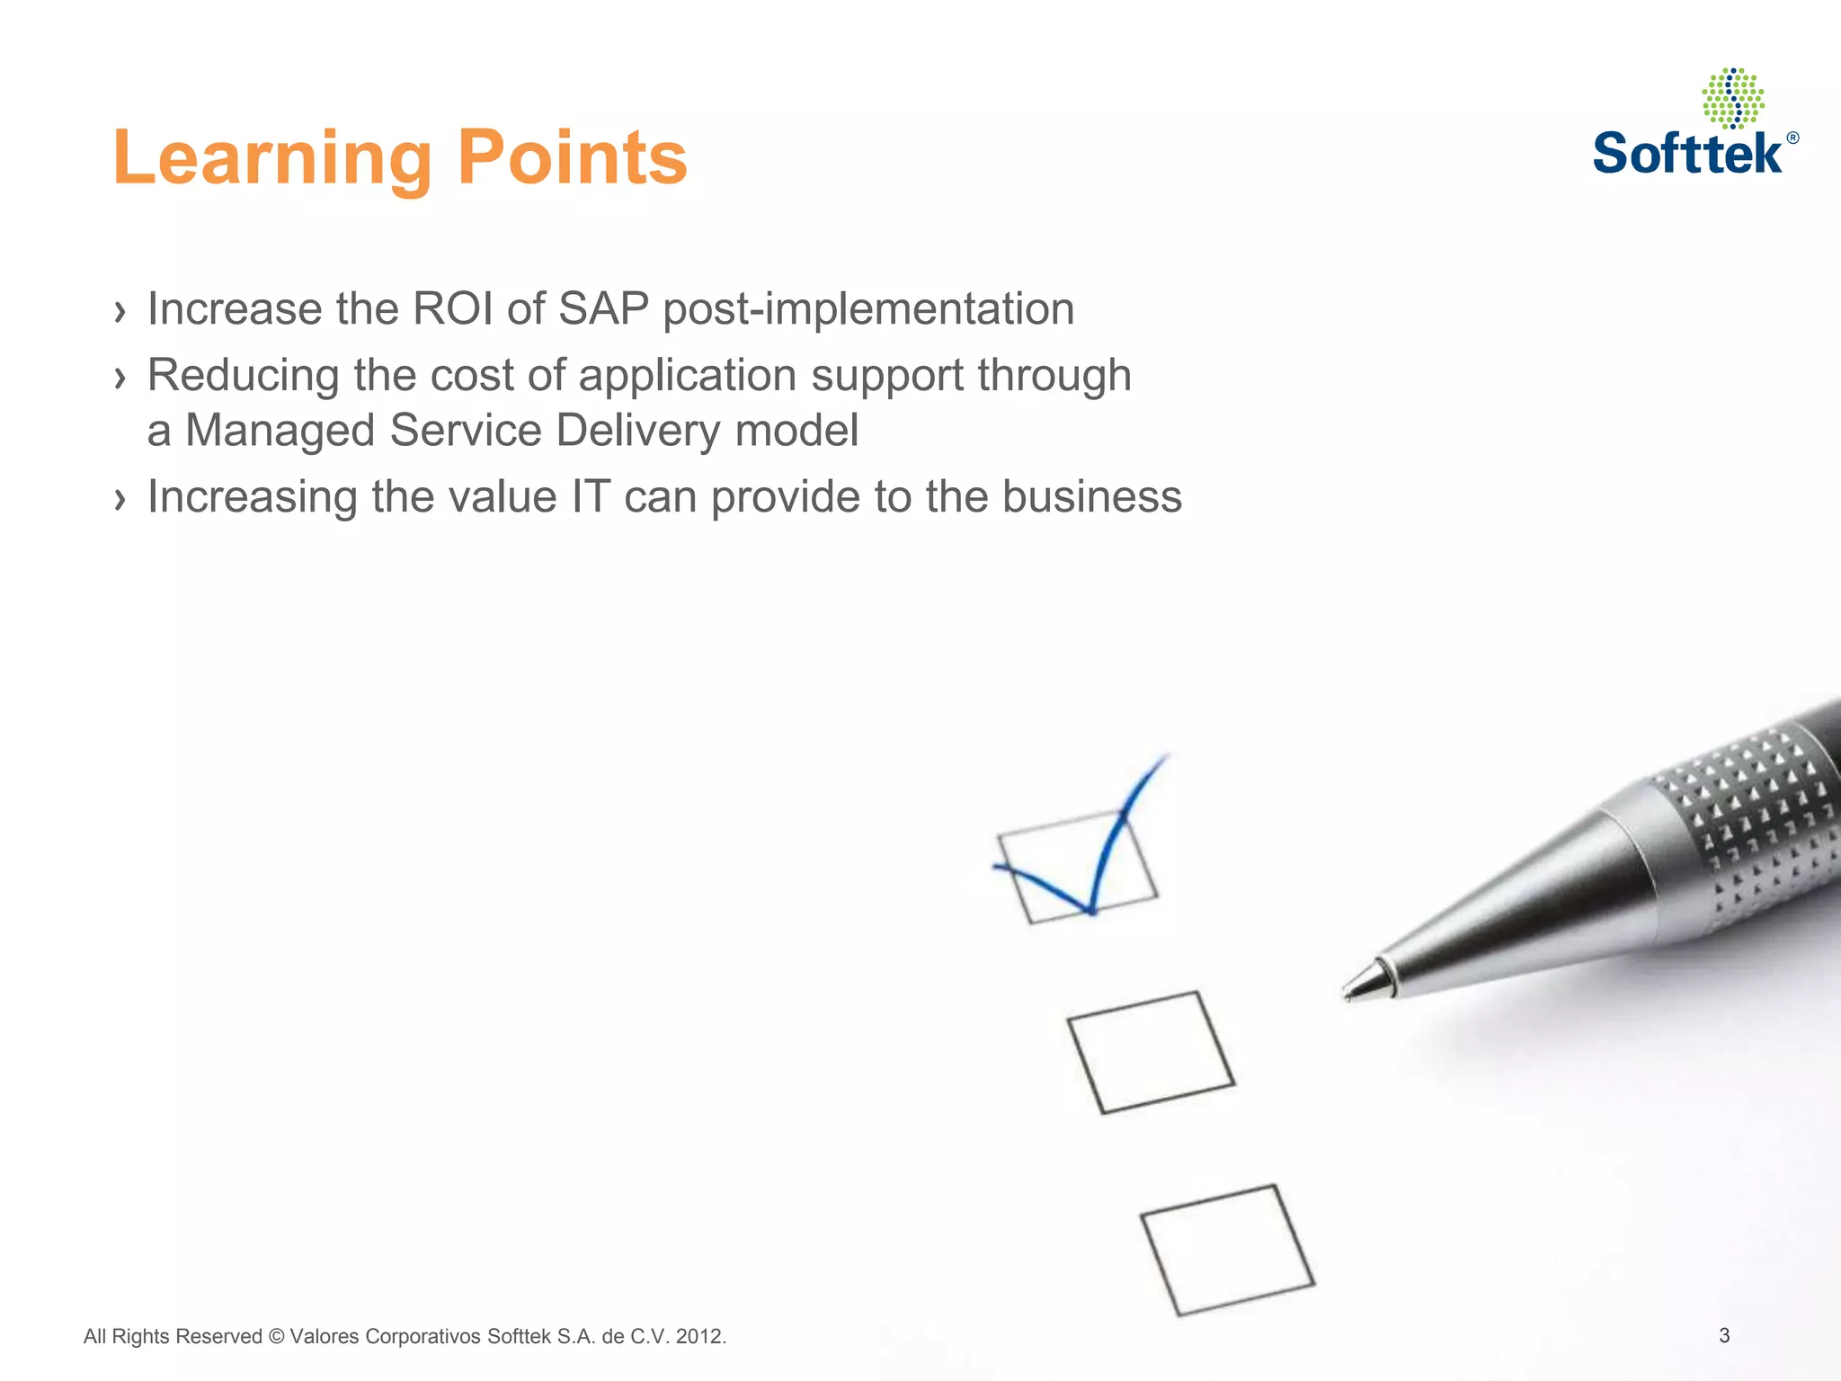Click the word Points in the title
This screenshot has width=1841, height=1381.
tap(573, 157)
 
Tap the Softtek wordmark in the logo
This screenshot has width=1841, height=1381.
tap(1687, 153)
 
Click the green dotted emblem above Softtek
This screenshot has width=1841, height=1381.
tap(1732, 97)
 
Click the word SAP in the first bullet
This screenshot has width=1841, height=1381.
tap(603, 309)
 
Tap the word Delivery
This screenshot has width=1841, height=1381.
tap(637, 431)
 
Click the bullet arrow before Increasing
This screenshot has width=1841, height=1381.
tap(120, 499)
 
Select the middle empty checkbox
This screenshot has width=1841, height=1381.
tap(1151, 1052)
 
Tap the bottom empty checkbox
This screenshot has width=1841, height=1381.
tap(1227, 1250)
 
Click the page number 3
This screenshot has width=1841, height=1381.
tap(1724, 1335)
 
